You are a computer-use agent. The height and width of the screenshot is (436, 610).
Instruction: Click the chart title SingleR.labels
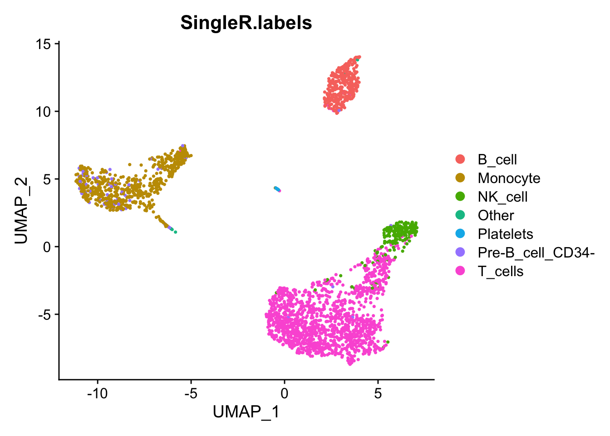coord(246,23)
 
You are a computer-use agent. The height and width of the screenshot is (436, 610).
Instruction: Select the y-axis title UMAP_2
coord(21,211)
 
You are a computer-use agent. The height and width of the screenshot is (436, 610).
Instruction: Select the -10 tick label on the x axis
coord(97,393)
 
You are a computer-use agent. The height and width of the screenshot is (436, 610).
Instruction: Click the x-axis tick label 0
coord(285,393)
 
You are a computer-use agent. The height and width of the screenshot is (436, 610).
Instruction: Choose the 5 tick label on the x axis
coord(378,393)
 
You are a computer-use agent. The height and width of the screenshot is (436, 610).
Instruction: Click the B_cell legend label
coord(497,159)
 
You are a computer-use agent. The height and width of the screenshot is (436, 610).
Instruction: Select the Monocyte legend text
coord(509,178)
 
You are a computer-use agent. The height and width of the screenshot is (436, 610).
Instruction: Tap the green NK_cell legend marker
coord(460,197)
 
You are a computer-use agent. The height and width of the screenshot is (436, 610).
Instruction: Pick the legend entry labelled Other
coord(496,215)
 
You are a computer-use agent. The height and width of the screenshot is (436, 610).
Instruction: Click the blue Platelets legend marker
coord(460,234)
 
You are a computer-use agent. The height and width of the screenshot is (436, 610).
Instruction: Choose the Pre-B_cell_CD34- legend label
coord(536,253)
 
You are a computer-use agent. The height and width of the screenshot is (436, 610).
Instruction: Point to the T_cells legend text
coord(500,271)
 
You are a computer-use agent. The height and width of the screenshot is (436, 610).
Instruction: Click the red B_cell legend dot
coord(460,159)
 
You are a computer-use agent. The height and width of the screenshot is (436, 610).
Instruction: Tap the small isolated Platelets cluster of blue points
coord(277,189)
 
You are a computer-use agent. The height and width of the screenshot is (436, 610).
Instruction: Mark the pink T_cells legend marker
coord(460,271)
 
